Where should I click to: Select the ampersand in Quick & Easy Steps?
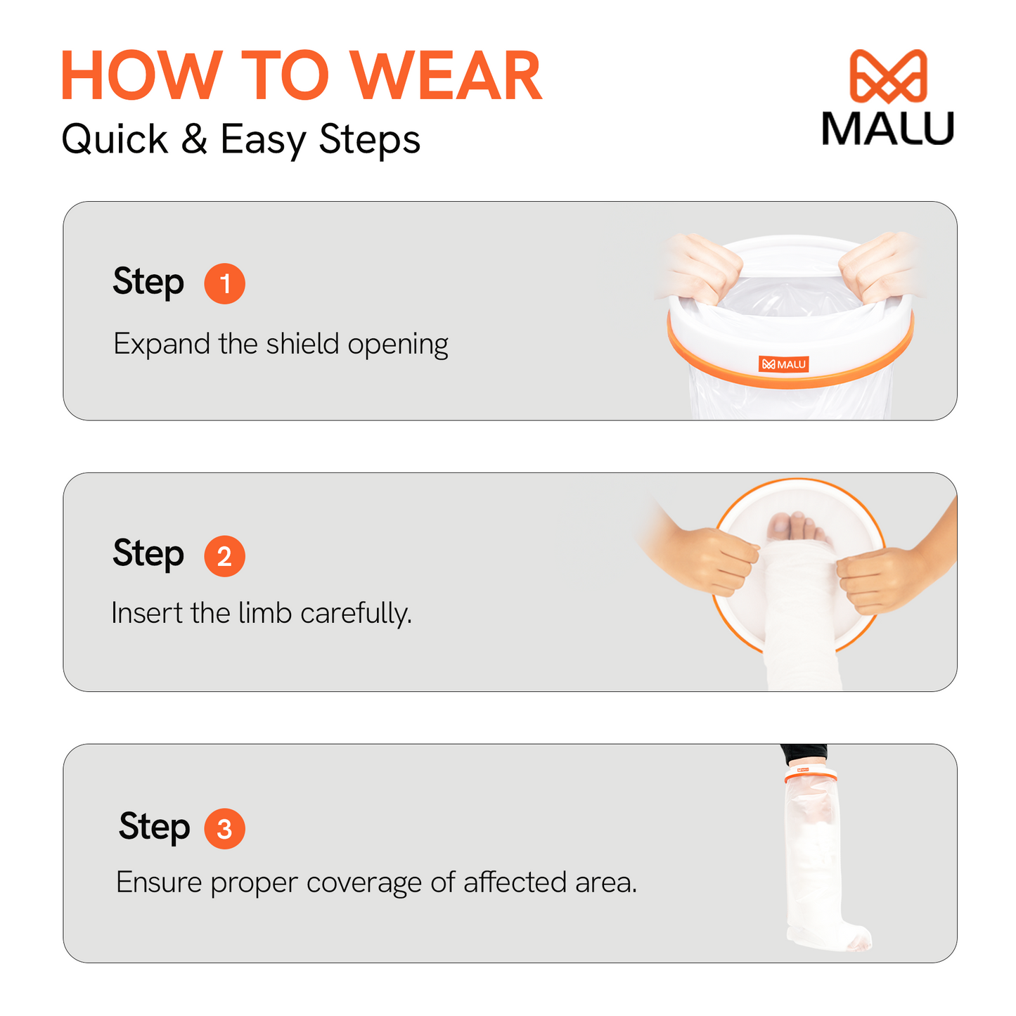click(193, 139)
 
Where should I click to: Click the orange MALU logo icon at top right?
click(888, 76)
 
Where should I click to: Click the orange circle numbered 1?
click(224, 283)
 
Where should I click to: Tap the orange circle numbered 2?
click(224, 556)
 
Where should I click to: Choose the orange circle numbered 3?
click(224, 829)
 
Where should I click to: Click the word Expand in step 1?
click(162, 345)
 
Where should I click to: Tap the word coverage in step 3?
click(364, 884)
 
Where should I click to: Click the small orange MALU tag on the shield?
click(783, 364)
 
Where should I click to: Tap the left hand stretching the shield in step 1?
click(701, 266)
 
